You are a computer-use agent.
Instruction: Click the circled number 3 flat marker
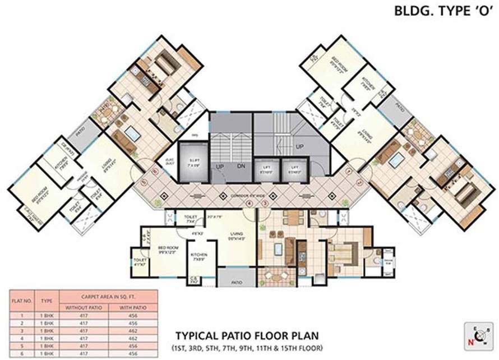pyautogui.click(x=265, y=203)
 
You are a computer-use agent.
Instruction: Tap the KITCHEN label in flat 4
pyautogui.click(x=199, y=257)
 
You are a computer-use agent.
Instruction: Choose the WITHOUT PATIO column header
pyautogui.click(x=83, y=307)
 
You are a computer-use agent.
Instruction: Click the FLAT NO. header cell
pyautogui.click(x=22, y=301)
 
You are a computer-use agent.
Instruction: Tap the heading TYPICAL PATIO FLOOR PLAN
pyautogui.click(x=247, y=336)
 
